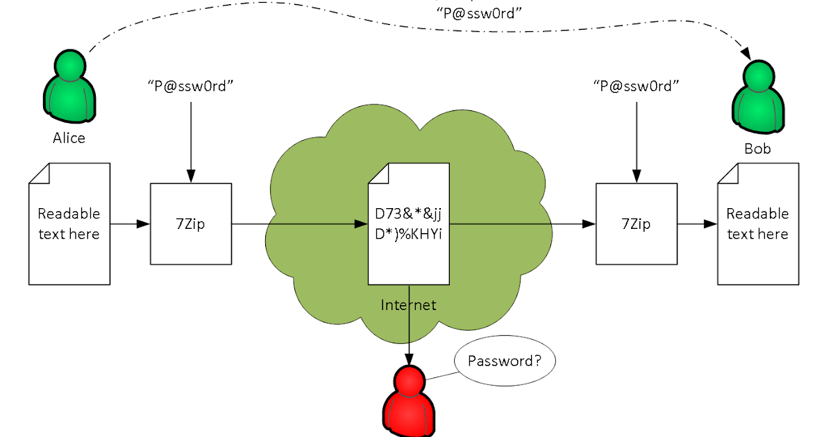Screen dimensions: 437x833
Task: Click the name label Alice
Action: pyautogui.click(x=69, y=138)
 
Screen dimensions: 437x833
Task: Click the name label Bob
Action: pyautogui.click(x=757, y=148)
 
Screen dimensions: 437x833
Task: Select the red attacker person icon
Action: pyautogui.click(x=409, y=399)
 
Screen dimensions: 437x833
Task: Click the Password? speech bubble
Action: pyautogui.click(x=505, y=361)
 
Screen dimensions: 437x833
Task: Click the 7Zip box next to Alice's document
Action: pyautogui.click(x=191, y=224)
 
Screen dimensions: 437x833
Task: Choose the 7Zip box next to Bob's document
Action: pyautogui.click(x=636, y=224)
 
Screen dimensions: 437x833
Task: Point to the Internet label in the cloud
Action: pyautogui.click(x=409, y=305)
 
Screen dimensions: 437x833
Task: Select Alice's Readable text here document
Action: pyautogui.click(x=69, y=223)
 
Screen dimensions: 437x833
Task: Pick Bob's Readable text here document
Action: pyautogui.click(x=757, y=223)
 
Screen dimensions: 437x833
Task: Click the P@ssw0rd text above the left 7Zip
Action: pyautogui.click(x=191, y=87)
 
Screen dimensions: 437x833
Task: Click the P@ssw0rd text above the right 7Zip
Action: pyautogui.click(x=636, y=87)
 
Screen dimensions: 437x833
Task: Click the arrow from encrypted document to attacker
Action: pyautogui.click(x=410, y=326)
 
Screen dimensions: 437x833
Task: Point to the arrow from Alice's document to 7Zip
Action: pyautogui.click(x=131, y=224)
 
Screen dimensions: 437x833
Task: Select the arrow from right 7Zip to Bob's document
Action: pyautogui.click(x=697, y=224)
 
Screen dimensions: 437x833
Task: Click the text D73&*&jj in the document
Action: pyautogui.click(x=409, y=214)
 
